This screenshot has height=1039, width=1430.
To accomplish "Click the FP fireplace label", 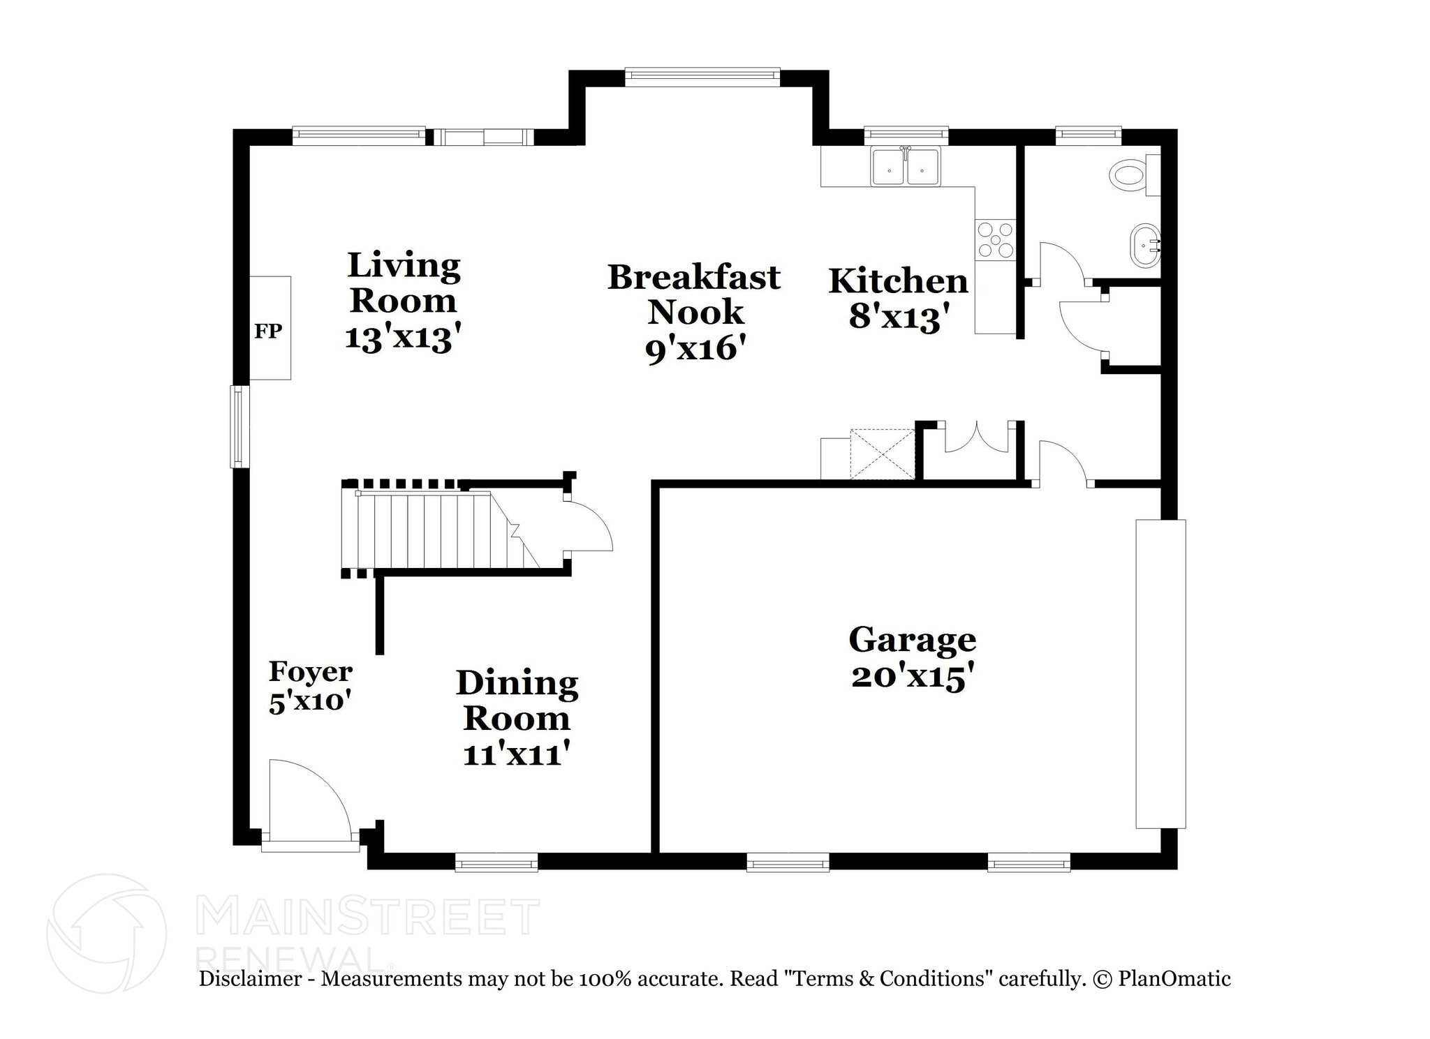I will coord(268,331).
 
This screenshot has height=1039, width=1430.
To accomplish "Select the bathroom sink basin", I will coord(1145,245).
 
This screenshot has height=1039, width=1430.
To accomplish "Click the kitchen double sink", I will coord(906,167).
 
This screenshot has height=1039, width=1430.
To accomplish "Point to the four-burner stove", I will coord(996,239).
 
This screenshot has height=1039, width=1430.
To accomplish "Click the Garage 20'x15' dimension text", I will coord(912,677).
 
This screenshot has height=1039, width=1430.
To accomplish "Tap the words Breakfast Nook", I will coord(694,294).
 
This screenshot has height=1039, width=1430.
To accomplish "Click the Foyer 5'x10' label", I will coord(310,687).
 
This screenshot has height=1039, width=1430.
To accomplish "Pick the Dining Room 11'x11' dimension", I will coord(517,754).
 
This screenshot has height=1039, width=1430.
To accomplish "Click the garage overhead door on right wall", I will coord(1160,673).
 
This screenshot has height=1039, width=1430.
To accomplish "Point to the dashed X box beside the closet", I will coord(883,454).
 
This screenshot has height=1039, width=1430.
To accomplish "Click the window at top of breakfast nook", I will coord(702,77).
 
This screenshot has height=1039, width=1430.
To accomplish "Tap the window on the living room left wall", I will coord(239,426).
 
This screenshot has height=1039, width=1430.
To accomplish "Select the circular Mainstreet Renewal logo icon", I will coord(106,934).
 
